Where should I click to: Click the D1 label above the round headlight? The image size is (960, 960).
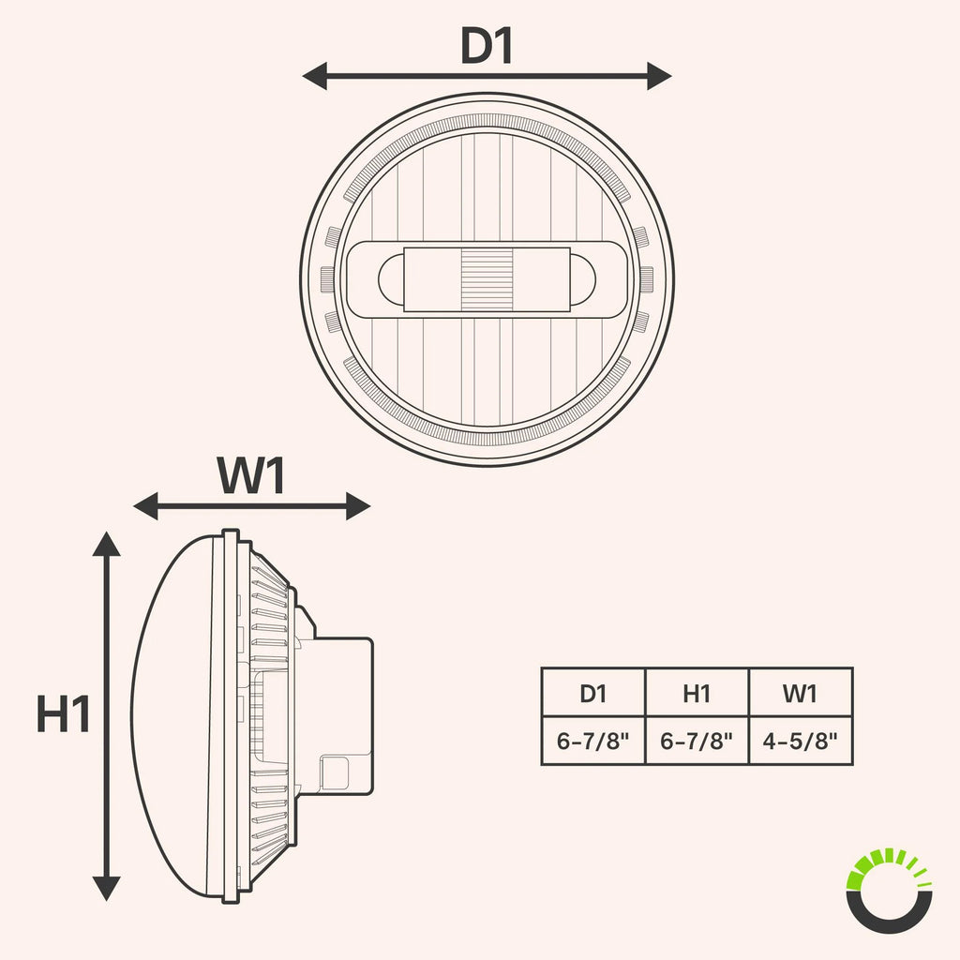(487, 45)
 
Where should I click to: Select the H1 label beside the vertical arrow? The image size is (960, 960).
(63, 713)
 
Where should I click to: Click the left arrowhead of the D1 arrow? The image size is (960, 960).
(315, 76)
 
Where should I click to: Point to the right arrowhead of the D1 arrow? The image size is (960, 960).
(659, 76)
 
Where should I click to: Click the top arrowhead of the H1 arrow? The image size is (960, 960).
(107, 544)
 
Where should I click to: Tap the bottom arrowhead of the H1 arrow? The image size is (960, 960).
(107, 889)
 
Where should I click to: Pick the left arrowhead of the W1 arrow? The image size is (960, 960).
(145, 506)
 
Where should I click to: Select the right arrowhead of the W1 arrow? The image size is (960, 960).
(358, 506)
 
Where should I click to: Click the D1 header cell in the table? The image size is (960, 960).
(593, 693)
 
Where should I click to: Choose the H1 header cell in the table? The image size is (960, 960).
(697, 693)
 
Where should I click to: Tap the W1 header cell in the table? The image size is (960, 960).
(801, 693)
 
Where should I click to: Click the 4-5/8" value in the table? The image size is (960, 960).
(800, 741)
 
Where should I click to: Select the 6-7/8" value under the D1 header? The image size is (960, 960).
(593, 741)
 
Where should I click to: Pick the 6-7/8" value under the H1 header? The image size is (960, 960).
(697, 741)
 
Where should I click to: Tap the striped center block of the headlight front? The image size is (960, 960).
(487, 279)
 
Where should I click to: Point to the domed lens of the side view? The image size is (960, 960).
(174, 716)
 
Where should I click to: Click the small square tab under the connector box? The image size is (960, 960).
(335, 772)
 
